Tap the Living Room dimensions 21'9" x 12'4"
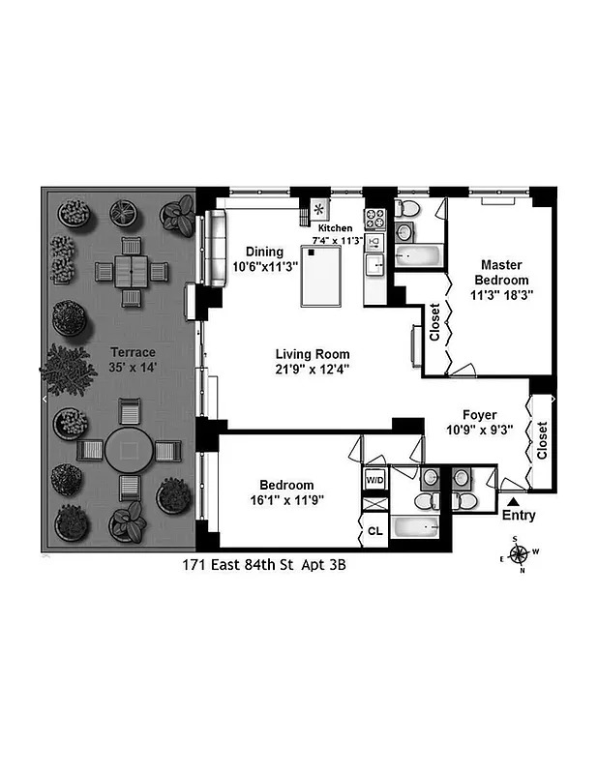[312, 369]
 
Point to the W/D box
[374, 480]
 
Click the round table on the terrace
[129, 450]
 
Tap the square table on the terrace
[129, 271]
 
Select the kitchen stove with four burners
[374, 218]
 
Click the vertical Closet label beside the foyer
[542, 441]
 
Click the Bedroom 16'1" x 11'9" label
[285, 492]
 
